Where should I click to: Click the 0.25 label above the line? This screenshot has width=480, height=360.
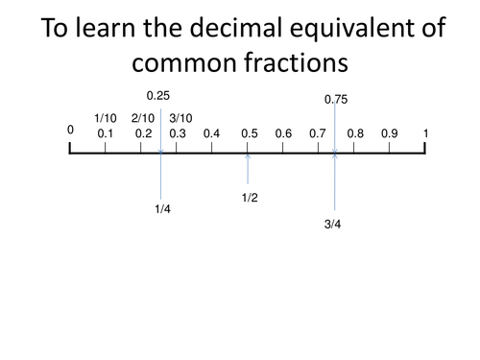pyautogui.click(x=157, y=96)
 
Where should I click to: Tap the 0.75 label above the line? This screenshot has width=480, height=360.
pyautogui.click(x=336, y=99)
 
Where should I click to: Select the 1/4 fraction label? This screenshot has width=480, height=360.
pyautogui.click(x=162, y=208)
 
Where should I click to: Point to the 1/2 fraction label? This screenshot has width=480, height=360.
pyautogui.click(x=250, y=198)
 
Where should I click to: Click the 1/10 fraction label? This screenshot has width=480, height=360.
pyautogui.click(x=106, y=118)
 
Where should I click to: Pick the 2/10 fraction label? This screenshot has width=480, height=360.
pyautogui.click(x=142, y=118)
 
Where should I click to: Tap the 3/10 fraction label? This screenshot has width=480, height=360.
pyautogui.click(x=180, y=118)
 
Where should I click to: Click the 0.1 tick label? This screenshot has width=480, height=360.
pyautogui.click(x=106, y=133)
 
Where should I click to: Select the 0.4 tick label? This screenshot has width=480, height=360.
pyautogui.click(x=212, y=133)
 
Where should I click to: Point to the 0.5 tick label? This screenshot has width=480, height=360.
pyautogui.click(x=250, y=133)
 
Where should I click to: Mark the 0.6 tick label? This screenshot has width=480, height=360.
pyautogui.click(x=283, y=133)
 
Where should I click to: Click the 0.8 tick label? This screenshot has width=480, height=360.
pyautogui.click(x=355, y=133)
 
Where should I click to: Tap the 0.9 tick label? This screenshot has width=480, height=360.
pyautogui.click(x=389, y=133)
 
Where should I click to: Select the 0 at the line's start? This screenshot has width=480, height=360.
pyautogui.click(x=70, y=129)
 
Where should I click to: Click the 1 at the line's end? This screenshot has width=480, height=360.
pyautogui.click(x=425, y=133)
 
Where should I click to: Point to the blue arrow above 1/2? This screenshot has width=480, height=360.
pyautogui.click(x=249, y=167)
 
